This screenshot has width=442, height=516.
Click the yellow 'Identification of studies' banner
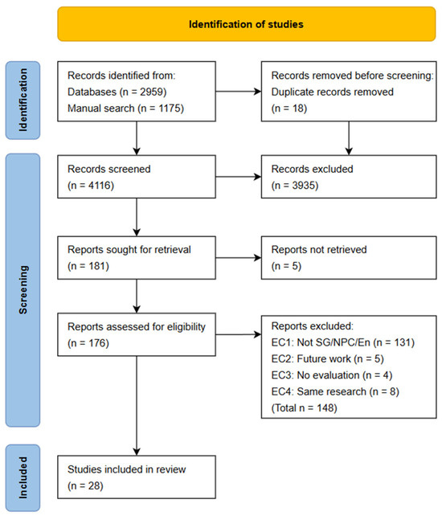(247, 24)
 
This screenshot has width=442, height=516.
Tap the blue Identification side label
(23, 100)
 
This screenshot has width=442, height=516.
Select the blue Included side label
(23, 478)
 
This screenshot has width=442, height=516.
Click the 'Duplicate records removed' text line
(333, 92)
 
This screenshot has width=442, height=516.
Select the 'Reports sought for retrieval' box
(137, 258)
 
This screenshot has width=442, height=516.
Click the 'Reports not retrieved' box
(349, 258)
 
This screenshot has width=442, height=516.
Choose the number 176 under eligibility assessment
(97, 343)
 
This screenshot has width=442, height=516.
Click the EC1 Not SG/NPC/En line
(343, 342)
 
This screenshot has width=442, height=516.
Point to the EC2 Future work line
(327, 358)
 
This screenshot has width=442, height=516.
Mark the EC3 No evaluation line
(332, 375)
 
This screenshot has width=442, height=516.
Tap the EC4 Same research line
(335, 391)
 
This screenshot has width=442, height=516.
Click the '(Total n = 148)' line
(304, 408)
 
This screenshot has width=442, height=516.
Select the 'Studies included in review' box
(137, 477)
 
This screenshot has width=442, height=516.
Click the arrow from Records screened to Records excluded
(239, 177)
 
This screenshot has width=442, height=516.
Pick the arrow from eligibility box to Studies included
(137, 406)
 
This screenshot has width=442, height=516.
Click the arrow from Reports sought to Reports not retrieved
(239, 258)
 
